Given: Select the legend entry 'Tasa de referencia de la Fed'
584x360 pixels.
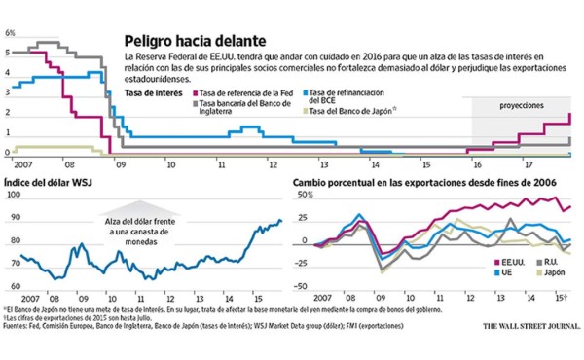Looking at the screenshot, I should pos(242,93).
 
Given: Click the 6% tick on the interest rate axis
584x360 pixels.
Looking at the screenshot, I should pos(9,32).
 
